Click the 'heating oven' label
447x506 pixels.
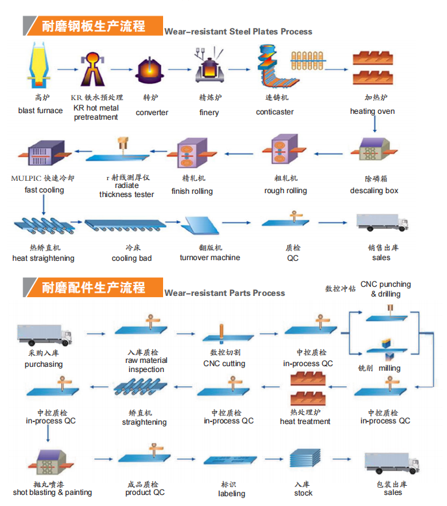tap(372, 111)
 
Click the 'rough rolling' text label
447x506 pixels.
tap(285, 191)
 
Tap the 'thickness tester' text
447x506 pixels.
tap(126, 194)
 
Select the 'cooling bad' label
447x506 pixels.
tap(132, 258)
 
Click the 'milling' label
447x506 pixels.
tap(390, 368)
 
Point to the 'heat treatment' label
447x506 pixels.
tap(305, 421)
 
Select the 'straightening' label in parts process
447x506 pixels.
tap(144, 422)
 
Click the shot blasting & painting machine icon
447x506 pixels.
tap(49, 462)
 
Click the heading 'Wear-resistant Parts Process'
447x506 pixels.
tap(224, 293)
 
